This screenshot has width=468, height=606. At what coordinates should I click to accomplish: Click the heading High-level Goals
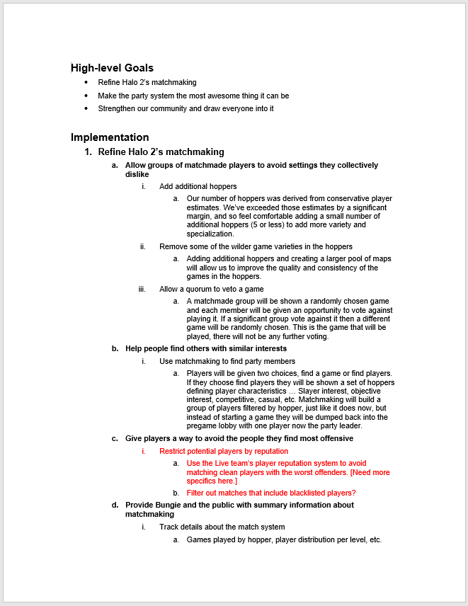tap(112, 68)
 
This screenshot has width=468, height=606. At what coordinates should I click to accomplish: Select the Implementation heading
tap(110, 137)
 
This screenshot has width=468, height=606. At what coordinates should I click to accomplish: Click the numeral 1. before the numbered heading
tap(88, 151)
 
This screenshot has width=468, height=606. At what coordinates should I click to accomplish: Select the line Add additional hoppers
tap(198, 186)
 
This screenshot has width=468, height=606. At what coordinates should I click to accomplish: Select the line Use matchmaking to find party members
tap(217, 361)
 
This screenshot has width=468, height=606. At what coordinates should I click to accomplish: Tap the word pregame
tap(200, 426)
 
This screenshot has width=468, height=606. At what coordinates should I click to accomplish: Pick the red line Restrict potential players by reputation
tap(224, 451)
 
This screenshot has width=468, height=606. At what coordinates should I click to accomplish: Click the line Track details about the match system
tap(222, 527)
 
